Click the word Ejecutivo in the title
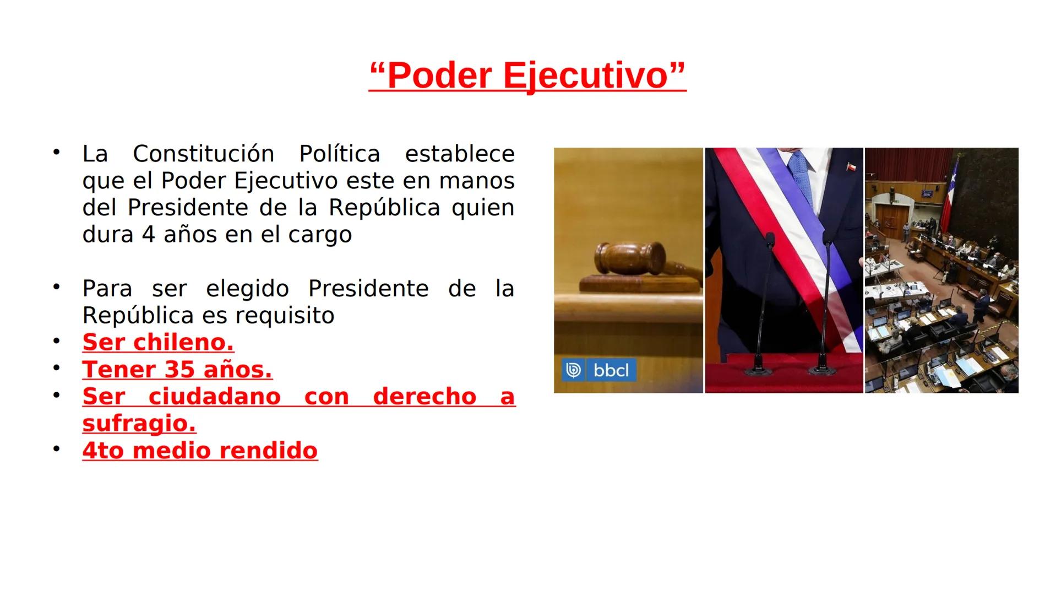(585, 75)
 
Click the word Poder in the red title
(439, 75)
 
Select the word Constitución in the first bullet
(203, 154)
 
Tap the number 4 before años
(148, 235)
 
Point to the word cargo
(320, 235)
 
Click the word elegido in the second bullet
(247, 289)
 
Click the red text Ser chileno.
(158, 342)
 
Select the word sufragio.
(139, 423)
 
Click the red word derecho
(424, 396)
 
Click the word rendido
(268, 450)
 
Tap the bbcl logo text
(611, 370)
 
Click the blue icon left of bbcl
(573, 370)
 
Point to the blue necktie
(803, 176)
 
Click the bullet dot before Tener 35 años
(56, 367)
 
